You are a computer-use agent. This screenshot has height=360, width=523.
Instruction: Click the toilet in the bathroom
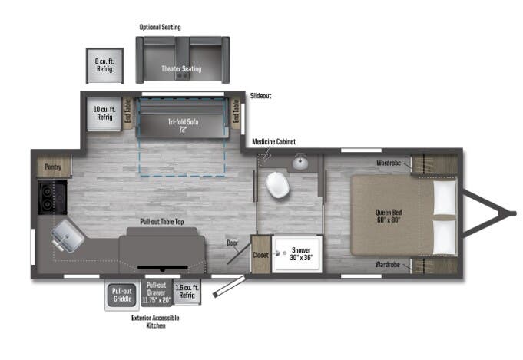pyautogui.click(x=277, y=185)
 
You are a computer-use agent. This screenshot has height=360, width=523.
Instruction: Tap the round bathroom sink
pyautogui.click(x=300, y=162)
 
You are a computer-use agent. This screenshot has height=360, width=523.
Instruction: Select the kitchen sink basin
pyautogui.click(x=68, y=236)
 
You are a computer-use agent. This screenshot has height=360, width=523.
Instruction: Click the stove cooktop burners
pyautogui.click(x=52, y=197)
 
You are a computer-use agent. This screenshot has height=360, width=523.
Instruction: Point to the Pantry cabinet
pyautogui.click(x=53, y=167)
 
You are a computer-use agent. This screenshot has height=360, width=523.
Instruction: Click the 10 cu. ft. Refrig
pyautogui.click(x=104, y=114)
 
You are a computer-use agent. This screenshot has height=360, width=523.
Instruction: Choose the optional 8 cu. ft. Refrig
pyautogui.click(x=104, y=65)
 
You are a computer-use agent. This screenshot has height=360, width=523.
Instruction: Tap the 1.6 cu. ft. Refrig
pyautogui.click(x=187, y=292)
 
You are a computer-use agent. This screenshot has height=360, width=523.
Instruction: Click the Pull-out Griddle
pyautogui.click(x=122, y=295)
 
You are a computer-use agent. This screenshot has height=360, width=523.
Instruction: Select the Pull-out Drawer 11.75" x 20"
pyautogui.click(x=156, y=292)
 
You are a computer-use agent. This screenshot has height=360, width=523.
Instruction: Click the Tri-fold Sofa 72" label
pyautogui.click(x=183, y=125)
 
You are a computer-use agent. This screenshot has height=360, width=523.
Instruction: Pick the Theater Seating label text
pyautogui.click(x=181, y=68)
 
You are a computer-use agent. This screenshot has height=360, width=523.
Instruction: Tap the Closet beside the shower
pyautogui.click(x=260, y=254)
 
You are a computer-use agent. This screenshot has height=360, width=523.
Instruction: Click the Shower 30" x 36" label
pyautogui.click(x=301, y=253)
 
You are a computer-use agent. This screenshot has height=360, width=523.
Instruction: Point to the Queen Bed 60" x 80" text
pyautogui.click(x=389, y=216)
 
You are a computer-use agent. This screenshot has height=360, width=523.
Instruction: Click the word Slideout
pyautogui.click(x=260, y=96)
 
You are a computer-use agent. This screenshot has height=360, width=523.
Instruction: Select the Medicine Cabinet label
pyautogui.click(x=274, y=142)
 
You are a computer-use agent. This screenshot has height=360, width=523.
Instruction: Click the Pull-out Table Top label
pyautogui.click(x=162, y=222)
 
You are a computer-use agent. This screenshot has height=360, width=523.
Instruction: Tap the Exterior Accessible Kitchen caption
pyautogui.click(x=155, y=322)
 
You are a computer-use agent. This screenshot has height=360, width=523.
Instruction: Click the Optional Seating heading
pyautogui.click(x=160, y=28)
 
